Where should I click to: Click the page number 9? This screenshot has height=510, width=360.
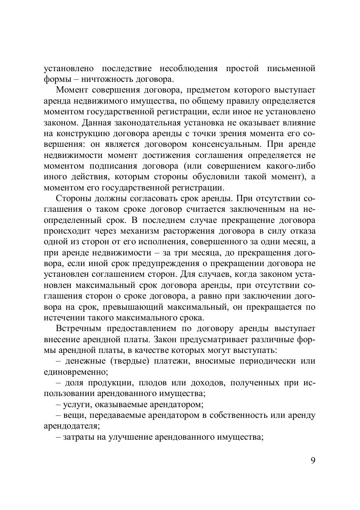(x=313, y=460)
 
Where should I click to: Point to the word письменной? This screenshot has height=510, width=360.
(x=291, y=68)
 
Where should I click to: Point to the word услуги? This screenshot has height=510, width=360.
(x=77, y=404)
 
